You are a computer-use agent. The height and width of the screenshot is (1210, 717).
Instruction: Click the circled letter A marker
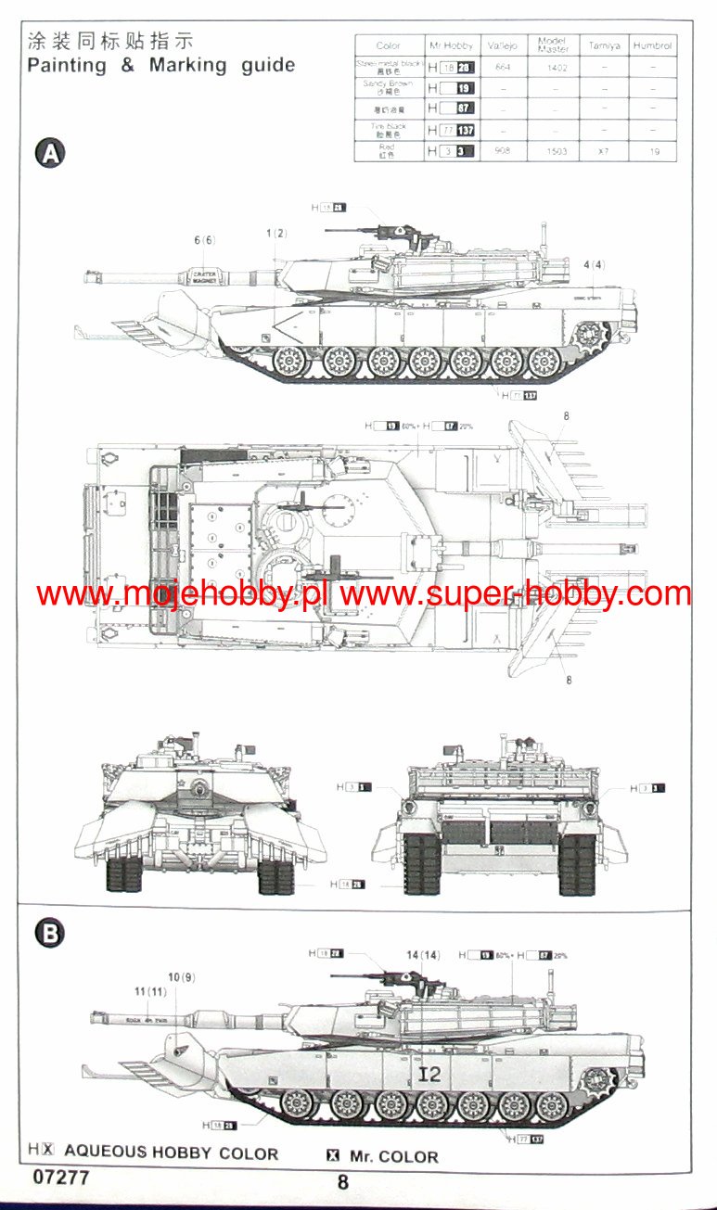50,154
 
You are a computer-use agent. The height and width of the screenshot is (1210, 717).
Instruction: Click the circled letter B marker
50,933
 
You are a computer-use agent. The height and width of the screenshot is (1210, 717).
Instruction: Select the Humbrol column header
653,45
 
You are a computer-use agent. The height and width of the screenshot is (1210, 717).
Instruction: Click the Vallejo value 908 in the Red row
503,151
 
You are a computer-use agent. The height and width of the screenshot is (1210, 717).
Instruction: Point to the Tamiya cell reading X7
604,151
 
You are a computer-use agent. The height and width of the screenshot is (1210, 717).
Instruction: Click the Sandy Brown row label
390,88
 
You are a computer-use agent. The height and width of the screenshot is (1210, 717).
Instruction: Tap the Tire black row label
390,130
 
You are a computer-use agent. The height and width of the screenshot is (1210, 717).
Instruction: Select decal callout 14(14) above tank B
423,955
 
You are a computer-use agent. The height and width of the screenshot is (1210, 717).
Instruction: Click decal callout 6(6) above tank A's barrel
204,240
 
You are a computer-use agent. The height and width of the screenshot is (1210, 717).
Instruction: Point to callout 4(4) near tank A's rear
594,265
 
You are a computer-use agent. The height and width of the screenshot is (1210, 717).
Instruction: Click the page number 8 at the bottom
343,1182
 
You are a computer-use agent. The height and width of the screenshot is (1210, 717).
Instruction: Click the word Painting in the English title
65,66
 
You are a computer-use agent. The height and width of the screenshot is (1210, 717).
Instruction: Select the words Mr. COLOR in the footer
394,1156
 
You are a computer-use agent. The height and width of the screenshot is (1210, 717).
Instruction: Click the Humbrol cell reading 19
655,151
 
